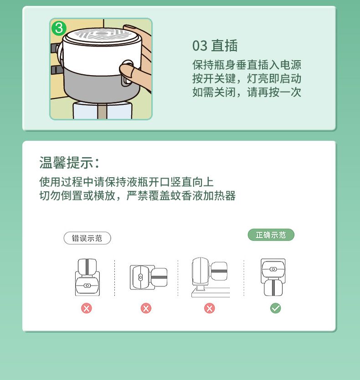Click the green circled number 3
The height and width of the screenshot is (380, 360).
click(x=59, y=28)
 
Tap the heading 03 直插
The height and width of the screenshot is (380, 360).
click(x=215, y=46)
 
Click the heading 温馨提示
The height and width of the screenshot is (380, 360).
click(x=69, y=162)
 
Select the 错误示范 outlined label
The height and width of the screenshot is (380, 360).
click(x=87, y=238)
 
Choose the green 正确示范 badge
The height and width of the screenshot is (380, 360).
click(x=271, y=235)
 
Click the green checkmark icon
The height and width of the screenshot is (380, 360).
click(x=275, y=308)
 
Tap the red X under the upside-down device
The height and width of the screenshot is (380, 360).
click(x=86, y=308)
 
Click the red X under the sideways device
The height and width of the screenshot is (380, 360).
click(x=146, y=308)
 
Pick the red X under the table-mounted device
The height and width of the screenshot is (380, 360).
click(x=210, y=308)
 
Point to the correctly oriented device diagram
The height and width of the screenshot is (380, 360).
click(x=273, y=277)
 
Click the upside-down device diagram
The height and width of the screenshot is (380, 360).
click(x=87, y=277)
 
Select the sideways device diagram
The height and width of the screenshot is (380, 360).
click(x=149, y=277)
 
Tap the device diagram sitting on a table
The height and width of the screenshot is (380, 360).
click(x=211, y=277)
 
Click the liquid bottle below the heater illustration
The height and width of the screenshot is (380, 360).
click(x=102, y=111)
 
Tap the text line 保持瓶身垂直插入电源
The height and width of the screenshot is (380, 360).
click(x=247, y=65)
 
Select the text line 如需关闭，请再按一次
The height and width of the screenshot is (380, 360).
click(x=247, y=92)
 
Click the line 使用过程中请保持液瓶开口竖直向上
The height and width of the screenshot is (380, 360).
click(x=126, y=182)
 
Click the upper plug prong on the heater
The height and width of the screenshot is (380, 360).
click(x=55, y=48)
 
